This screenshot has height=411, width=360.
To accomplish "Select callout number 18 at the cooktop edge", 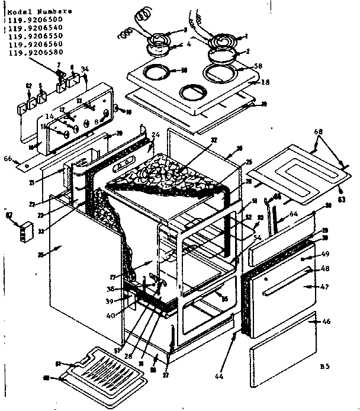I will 265,82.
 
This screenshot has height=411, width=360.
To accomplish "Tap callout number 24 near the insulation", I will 156,135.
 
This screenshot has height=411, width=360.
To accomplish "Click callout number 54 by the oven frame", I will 257,237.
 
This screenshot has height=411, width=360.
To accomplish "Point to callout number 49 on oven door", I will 325,254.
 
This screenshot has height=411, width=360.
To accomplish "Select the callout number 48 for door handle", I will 325,269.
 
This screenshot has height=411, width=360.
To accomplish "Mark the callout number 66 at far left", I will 8,158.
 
